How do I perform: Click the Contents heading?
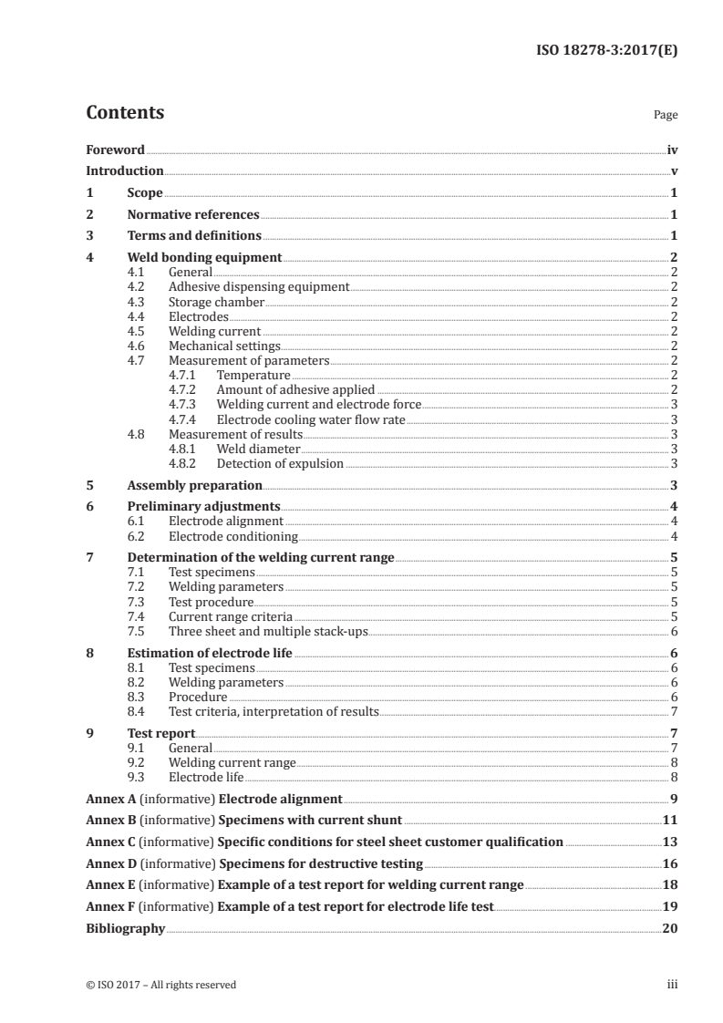click(x=125, y=113)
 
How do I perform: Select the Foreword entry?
click(x=115, y=150)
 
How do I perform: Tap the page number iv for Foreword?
click(x=672, y=150)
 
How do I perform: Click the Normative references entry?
click(x=193, y=215)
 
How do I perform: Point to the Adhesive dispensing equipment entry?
click(x=259, y=286)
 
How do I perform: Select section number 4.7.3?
click(x=185, y=404)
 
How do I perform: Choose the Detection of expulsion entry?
click(x=280, y=463)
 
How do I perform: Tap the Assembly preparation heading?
click(x=195, y=485)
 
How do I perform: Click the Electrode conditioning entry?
click(x=233, y=536)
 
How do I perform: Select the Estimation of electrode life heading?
click(x=210, y=653)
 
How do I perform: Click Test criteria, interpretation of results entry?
click(x=274, y=711)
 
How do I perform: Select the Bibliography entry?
click(x=125, y=928)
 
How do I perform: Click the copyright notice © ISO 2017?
click(x=160, y=985)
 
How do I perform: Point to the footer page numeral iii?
click(x=673, y=985)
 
